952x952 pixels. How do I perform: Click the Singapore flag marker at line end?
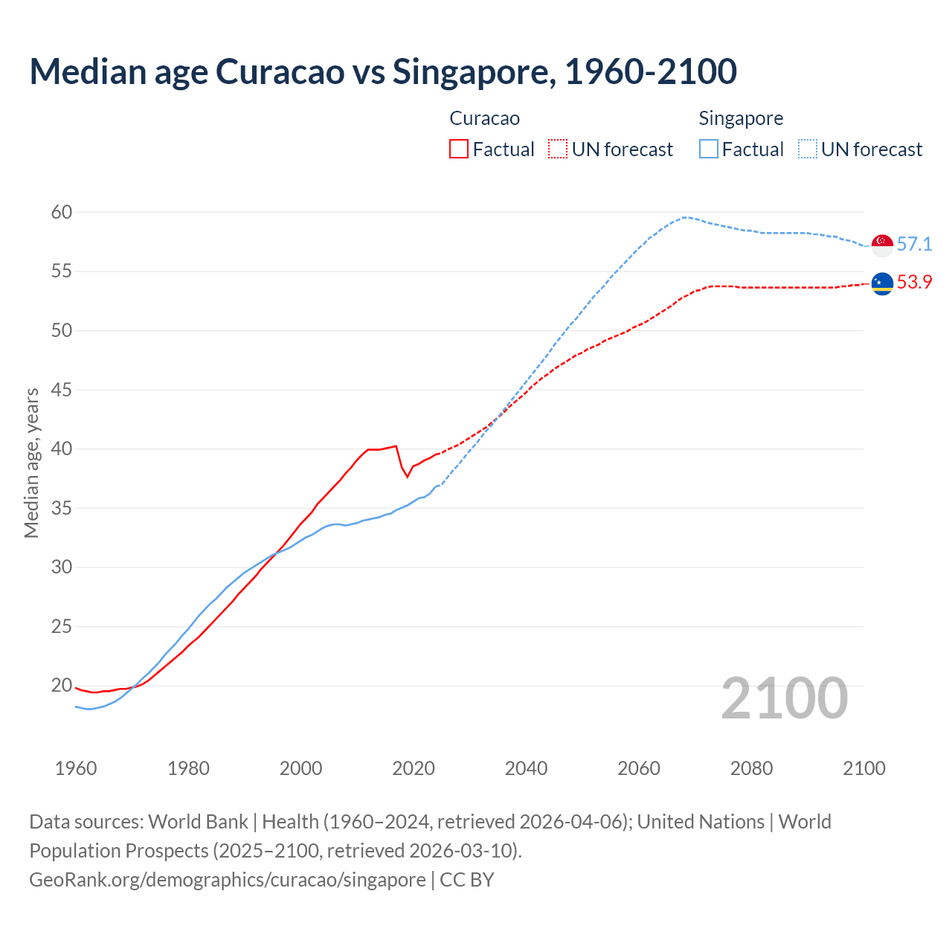click(x=882, y=245)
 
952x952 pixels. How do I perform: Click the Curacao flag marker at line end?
click(x=882, y=283)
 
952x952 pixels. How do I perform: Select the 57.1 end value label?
click(x=914, y=244)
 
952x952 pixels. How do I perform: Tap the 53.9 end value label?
click(x=914, y=282)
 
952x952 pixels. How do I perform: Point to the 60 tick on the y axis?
click(x=62, y=213)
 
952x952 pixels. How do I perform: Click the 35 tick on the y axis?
click(x=62, y=509)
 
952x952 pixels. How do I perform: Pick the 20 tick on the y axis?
click(x=62, y=685)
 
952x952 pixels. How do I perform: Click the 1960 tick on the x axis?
click(x=76, y=768)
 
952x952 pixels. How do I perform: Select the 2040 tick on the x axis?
click(x=526, y=768)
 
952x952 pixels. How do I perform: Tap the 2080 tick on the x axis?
click(x=751, y=768)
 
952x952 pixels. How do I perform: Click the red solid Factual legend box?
click(x=459, y=149)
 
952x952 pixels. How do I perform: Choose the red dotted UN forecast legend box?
click(x=558, y=149)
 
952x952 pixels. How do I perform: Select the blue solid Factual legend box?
click(x=709, y=149)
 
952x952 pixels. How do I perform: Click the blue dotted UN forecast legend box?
click(x=808, y=149)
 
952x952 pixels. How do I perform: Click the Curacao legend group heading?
click(x=484, y=118)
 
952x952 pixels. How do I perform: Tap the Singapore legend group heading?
click(x=741, y=118)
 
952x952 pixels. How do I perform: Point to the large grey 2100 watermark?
click(x=784, y=698)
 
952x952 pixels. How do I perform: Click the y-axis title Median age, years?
click(x=31, y=463)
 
